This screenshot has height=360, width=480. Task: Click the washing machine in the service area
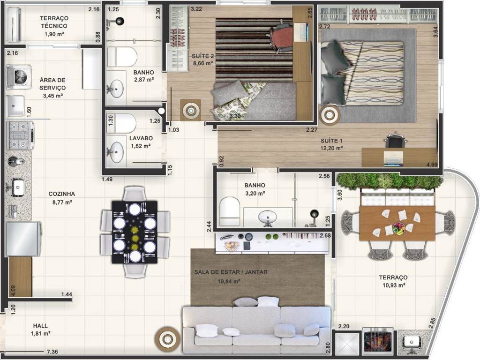click(x=19, y=76)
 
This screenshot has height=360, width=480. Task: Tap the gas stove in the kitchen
click(x=20, y=135)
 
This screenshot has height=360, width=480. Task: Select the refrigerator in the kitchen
click(x=23, y=239)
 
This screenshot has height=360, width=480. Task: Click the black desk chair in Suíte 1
click(x=396, y=141)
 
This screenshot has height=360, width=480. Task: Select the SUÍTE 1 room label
click(x=331, y=141)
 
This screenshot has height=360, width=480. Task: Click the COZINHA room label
click(x=61, y=194)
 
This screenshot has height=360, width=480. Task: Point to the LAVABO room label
click(x=141, y=138)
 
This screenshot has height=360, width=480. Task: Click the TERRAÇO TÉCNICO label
click(x=54, y=22)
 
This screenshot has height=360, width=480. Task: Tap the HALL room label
click(x=40, y=326)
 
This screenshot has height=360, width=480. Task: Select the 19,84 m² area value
click(x=229, y=281)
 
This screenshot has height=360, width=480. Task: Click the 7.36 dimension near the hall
click(x=52, y=352)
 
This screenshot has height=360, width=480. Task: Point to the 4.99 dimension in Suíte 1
click(x=432, y=165)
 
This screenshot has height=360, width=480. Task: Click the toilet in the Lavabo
click(x=121, y=123)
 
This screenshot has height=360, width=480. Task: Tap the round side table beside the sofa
click(x=167, y=339)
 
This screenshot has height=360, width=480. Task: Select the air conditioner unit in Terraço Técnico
click(x=14, y=24)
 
